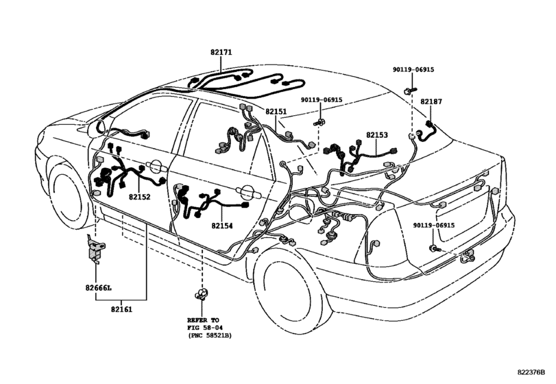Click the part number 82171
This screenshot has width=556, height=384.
click(x=221, y=52)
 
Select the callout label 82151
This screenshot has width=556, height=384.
click(x=276, y=111)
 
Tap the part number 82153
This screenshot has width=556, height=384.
click(x=377, y=135)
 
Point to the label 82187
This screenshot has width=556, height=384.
click(x=431, y=101)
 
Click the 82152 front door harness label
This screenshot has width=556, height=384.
click(x=139, y=197)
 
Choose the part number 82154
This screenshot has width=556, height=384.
click(x=222, y=226)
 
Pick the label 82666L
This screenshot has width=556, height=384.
click(x=98, y=287)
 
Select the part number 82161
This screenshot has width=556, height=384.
click(x=121, y=309)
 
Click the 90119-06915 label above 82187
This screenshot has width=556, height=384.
click(x=413, y=70)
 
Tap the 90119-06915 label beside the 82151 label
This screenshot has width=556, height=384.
click(x=322, y=100)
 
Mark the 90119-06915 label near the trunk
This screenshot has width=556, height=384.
click(x=434, y=226)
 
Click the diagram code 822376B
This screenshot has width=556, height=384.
click(x=531, y=372)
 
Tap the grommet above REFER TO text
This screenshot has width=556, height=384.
click(x=201, y=293)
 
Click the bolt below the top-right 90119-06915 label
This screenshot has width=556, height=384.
click(x=410, y=91)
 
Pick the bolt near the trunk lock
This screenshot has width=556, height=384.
click(x=435, y=248)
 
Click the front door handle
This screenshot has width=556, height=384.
click(x=155, y=167)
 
